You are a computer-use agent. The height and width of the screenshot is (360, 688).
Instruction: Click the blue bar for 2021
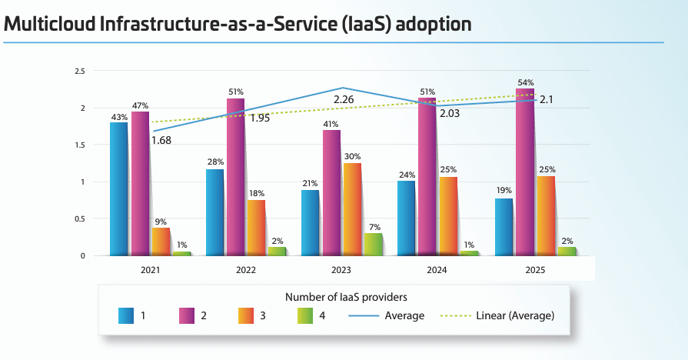[118, 188]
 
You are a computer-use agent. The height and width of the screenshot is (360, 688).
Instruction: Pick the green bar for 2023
[373, 244]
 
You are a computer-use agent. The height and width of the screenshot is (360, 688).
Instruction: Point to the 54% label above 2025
[526, 82]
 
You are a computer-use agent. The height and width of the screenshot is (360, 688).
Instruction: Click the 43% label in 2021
[118, 117]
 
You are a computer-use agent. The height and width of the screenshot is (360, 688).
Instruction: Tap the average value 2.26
[344, 100]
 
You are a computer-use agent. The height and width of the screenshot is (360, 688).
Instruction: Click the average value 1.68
[161, 140]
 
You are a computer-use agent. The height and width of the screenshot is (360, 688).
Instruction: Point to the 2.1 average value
[547, 99]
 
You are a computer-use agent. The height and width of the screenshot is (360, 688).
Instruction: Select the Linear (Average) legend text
[515, 315]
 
